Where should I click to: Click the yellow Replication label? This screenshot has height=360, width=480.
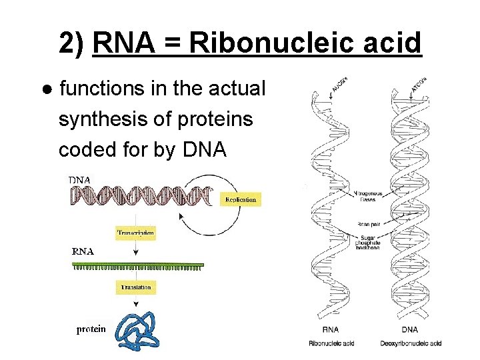[240, 199]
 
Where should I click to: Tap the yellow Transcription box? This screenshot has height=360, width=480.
[136, 233]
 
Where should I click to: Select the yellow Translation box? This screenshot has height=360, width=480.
[136, 287]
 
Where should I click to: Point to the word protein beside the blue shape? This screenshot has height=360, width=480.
[90, 329]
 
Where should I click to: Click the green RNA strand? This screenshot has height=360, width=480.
[137, 265]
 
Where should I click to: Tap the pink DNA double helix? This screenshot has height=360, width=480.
[140, 195]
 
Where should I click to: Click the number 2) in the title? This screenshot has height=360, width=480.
[72, 44]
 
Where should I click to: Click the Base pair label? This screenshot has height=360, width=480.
[369, 224]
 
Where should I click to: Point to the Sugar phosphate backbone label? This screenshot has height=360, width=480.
[368, 242]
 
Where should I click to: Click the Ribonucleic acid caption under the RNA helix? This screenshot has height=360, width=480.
[331, 343]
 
